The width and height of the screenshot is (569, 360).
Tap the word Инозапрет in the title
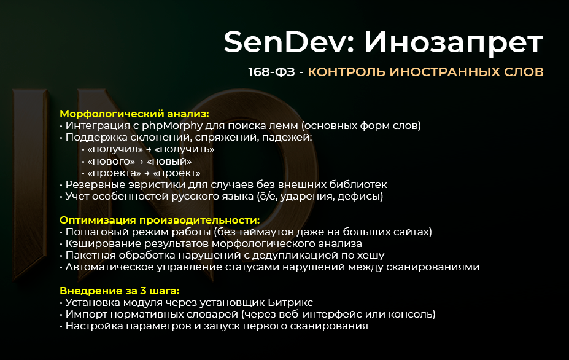pyautogui.click(x=454, y=43)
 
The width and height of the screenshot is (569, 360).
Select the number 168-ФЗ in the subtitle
pyautogui.click(x=266, y=72)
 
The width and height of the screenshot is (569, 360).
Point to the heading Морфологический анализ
pyautogui.click(x=134, y=114)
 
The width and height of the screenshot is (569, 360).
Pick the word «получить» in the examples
pyautogui.click(x=184, y=149)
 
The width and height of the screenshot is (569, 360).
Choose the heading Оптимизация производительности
pyautogui.click(x=160, y=220)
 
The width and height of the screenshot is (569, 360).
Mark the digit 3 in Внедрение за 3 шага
pyautogui.click(x=145, y=291)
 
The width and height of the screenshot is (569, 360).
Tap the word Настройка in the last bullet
pyautogui.click(x=92, y=326)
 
